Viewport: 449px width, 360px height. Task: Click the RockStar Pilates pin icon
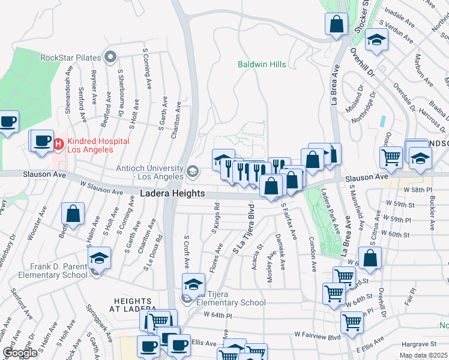[x=110, y=58]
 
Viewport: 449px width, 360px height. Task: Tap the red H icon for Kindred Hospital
[x=59, y=144]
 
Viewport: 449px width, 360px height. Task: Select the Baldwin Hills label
[x=262, y=64]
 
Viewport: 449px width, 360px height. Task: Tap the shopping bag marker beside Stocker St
[x=337, y=24]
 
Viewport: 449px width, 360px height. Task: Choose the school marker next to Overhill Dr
[x=376, y=40]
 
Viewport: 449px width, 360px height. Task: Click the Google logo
[x=20, y=353]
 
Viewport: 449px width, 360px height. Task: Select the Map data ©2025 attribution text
[x=423, y=355]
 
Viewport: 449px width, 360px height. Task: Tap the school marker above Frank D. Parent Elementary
[x=99, y=259]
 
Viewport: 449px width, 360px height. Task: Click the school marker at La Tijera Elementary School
[x=193, y=284]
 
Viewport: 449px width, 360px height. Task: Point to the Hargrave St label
[x=418, y=344]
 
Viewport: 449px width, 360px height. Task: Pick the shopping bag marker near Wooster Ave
[x=73, y=214]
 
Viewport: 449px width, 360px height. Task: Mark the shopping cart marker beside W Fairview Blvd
[x=352, y=322]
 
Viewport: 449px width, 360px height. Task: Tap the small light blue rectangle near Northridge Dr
[x=382, y=120]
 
